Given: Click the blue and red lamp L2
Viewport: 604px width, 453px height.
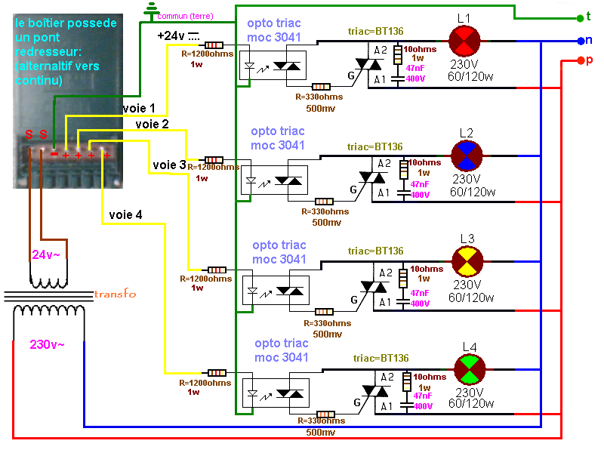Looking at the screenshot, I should (x=467, y=155).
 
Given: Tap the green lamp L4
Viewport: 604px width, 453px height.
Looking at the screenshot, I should (x=469, y=368).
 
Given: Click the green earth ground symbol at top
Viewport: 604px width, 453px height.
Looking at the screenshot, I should (x=152, y=9).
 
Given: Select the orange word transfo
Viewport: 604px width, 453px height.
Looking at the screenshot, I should (x=115, y=294).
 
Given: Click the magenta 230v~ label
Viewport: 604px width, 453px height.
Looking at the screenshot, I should (x=47, y=344).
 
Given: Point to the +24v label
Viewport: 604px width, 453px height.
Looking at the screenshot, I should (x=171, y=35).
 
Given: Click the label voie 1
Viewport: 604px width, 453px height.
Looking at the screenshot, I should (x=140, y=109).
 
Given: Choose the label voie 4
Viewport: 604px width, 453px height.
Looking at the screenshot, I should (x=125, y=214).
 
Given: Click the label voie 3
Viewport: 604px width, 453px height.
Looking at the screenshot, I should (x=168, y=164).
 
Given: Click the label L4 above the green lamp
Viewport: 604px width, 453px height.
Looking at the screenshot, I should (x=470, y=347).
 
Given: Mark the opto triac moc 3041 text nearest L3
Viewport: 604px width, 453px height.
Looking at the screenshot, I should (x=279, y=252).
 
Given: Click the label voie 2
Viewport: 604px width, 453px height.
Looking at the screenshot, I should (x=153, y=123).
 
